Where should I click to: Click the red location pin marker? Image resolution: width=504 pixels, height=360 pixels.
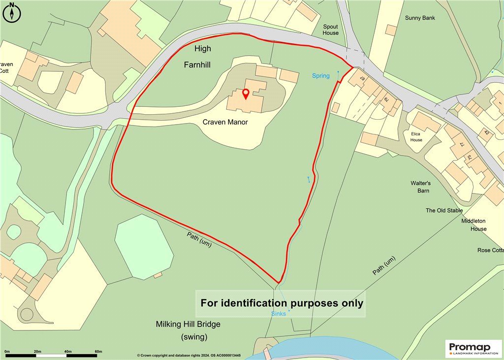[246, 93]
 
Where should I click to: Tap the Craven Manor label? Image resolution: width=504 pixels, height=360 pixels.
[225, 122]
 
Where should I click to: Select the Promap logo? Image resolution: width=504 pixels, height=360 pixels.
[473, 348]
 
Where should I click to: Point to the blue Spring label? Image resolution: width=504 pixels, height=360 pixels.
[321, 76]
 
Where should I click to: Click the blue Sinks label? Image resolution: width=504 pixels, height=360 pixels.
[279, 314]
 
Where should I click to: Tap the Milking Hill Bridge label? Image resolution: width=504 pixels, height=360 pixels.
[188, 325]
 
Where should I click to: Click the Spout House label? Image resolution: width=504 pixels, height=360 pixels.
[331, 30]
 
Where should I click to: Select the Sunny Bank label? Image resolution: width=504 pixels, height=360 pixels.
[420, 18]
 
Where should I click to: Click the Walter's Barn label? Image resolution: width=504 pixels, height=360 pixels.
[421, 187]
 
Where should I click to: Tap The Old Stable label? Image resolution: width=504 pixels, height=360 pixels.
[444, 210]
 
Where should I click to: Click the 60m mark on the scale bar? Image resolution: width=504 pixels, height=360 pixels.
[98, 351]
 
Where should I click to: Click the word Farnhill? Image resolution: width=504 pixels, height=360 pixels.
[198, 65]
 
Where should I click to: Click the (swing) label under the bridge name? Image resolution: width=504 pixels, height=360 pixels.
[194, 337]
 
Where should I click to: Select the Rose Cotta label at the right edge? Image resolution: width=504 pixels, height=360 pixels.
[490, 250]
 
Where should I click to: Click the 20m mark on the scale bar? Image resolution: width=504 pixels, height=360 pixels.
[37, 351]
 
